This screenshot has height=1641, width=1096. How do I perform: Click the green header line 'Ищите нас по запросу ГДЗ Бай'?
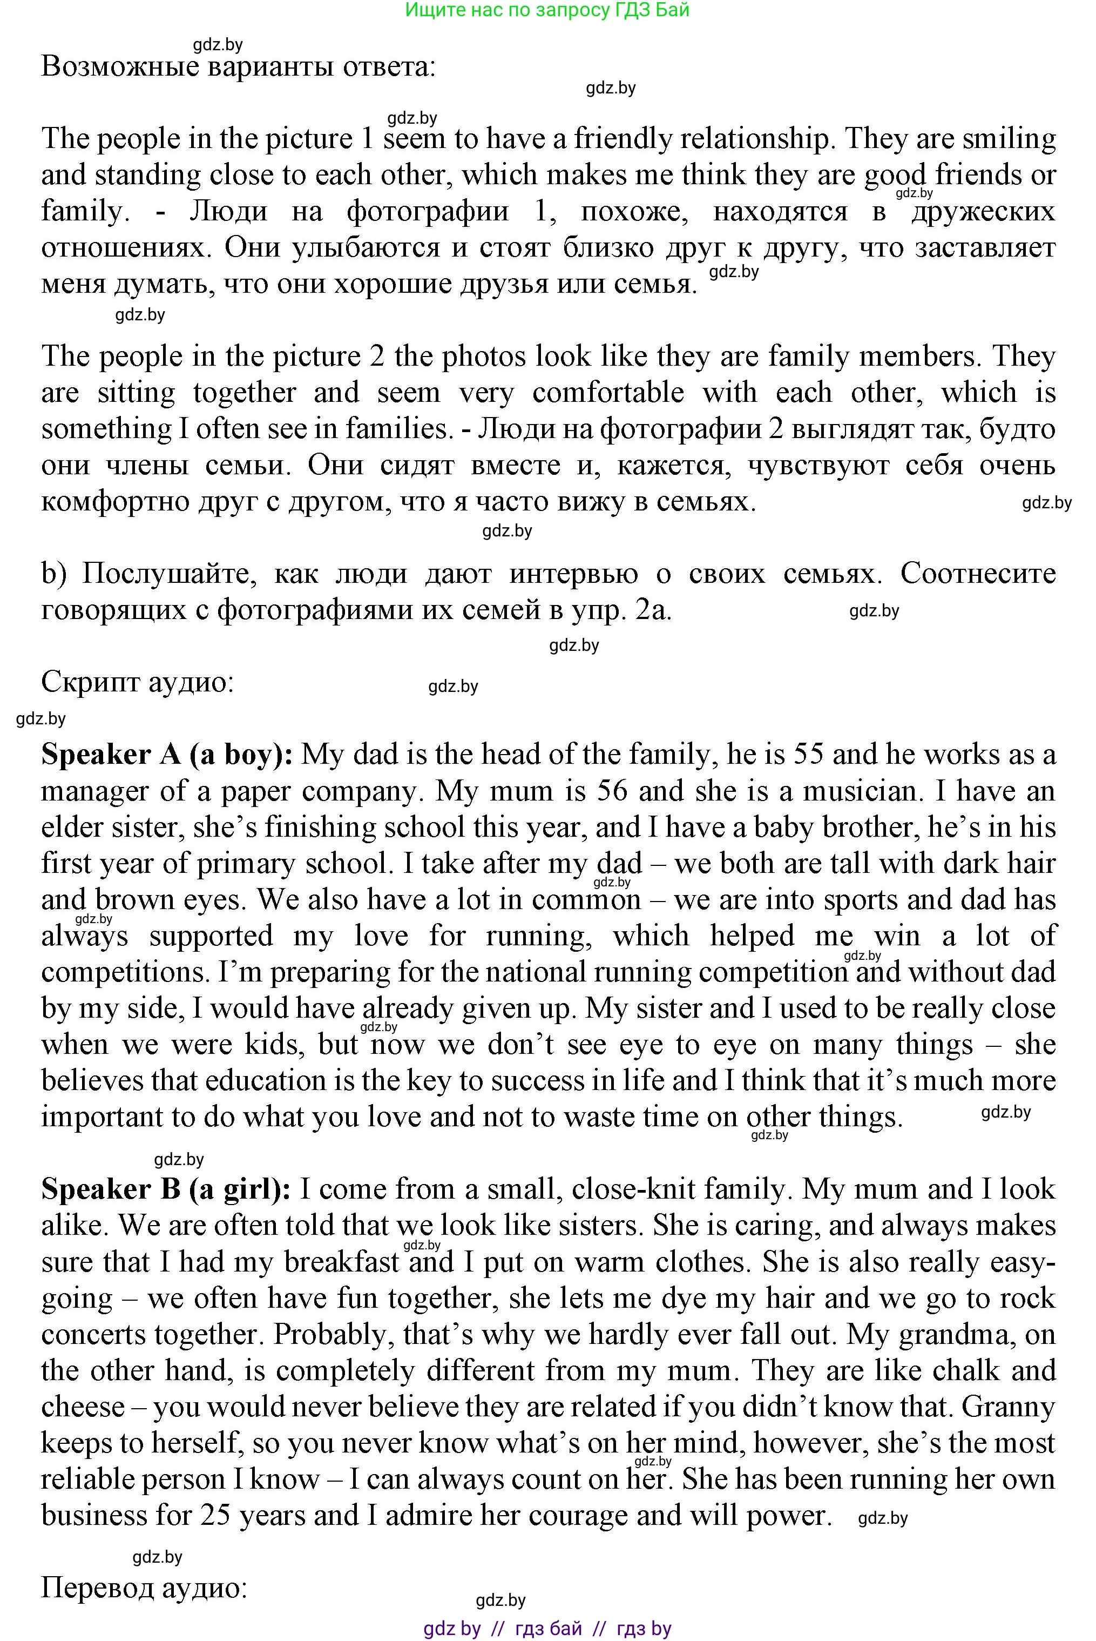pos(547,10)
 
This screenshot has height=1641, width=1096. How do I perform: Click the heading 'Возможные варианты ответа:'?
pos(238,67)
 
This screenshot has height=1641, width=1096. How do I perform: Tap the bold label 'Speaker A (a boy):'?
pos(167,755)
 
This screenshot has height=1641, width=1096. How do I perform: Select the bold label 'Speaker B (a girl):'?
pos(166,1189)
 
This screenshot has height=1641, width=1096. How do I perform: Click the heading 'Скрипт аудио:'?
pos(137,682)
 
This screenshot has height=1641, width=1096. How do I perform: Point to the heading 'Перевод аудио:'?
pos(144,1588)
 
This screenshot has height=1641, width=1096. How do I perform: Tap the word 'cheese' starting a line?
pos(83,1407)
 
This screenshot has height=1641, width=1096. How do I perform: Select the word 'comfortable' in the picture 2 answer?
pos(607,393)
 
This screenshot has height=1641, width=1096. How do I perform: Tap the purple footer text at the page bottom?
pos(547,1629)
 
